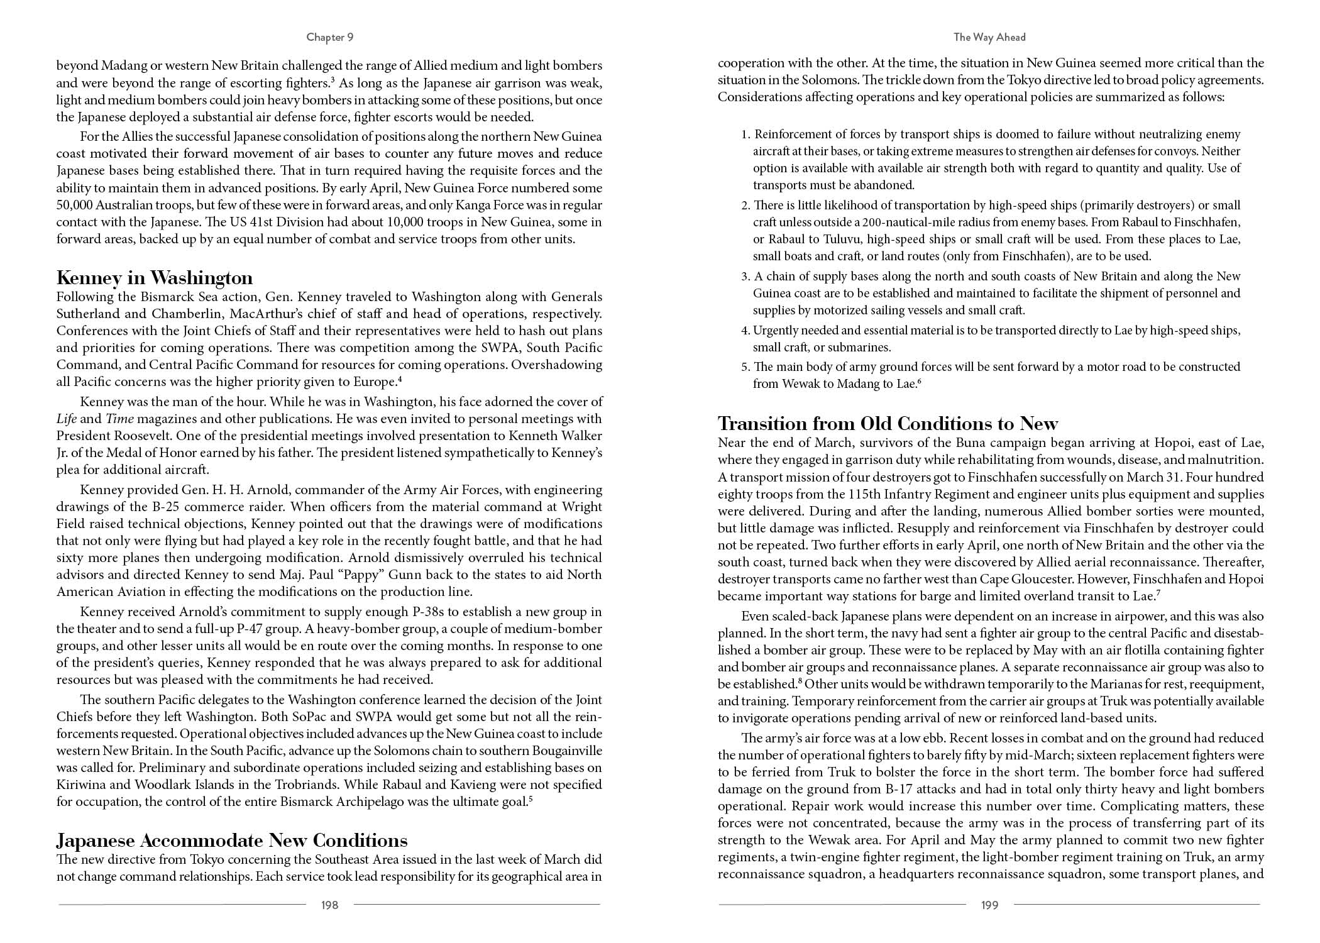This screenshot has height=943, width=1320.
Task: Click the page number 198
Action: coord(329,905)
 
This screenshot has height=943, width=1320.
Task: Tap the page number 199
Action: coord(989,905)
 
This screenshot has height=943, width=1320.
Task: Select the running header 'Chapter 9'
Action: coord(329,37)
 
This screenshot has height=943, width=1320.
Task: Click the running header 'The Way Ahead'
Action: coord(989,37)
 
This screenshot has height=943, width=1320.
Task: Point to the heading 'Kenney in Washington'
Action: coord(155,278)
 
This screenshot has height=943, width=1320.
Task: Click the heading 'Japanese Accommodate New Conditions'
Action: coord(232,841)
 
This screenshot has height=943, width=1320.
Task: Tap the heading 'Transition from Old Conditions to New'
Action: coord(888,423)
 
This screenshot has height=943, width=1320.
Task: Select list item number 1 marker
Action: coord(745,135)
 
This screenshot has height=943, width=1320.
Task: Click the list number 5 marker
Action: coord(745,367)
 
